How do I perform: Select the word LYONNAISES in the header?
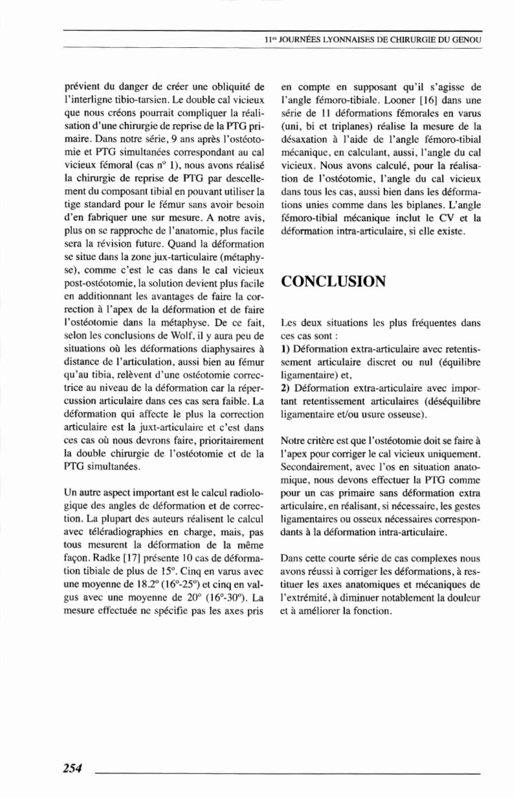[x=335, y=40]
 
